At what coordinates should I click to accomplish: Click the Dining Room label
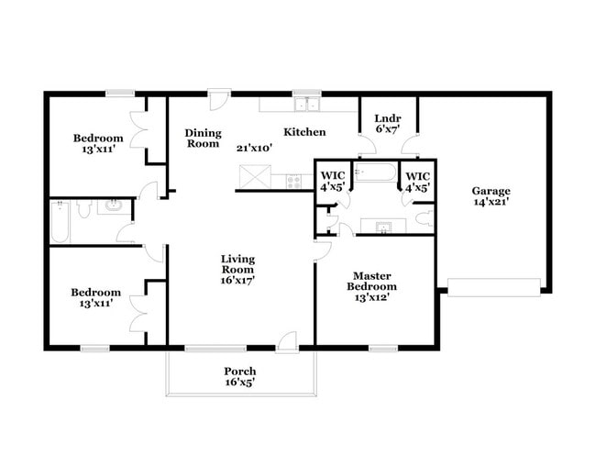click(x=203, y=138)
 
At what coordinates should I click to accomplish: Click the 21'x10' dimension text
click(x=253, y=147)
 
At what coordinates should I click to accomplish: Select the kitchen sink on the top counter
click(x=305, y=103)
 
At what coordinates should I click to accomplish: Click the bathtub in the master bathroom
click(x=376, y=172)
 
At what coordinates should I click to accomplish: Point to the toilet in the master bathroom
click(x=423, y=219)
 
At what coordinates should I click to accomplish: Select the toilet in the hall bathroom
click(x=83, y=210)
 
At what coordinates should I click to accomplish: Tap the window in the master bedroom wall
click(x=382, y=348)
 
